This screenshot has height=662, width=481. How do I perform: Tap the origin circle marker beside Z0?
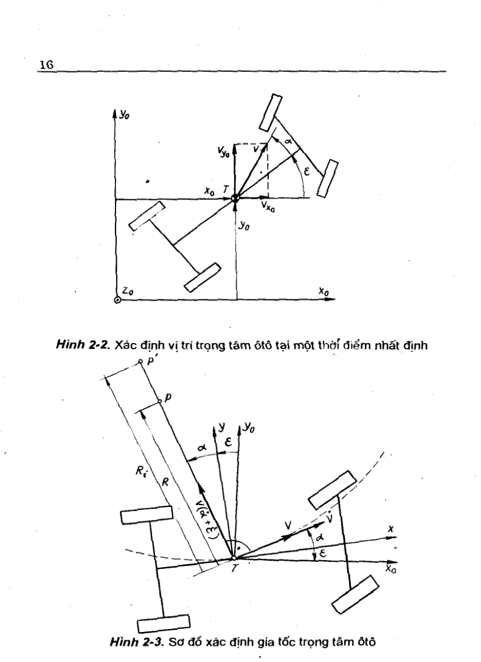pos(117,300)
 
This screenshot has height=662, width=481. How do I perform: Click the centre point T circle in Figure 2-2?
pos(235,199)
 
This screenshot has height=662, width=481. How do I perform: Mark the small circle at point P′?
pos(140,361)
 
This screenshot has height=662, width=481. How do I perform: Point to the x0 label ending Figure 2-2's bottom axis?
pos(324,291)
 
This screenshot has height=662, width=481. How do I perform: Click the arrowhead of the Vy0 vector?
pos(235,145)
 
